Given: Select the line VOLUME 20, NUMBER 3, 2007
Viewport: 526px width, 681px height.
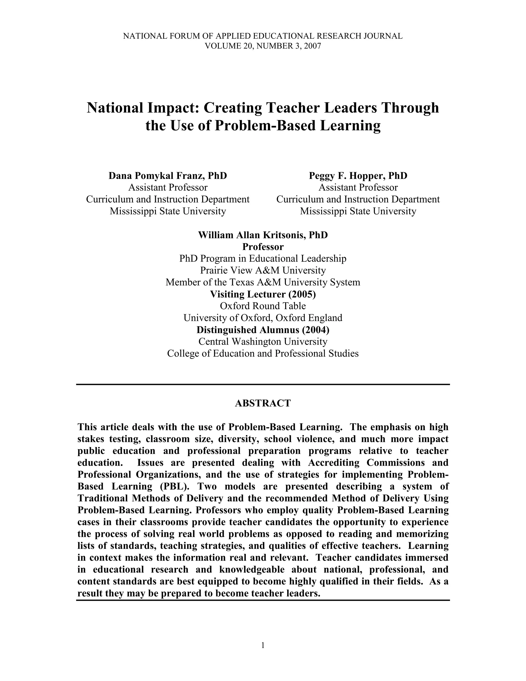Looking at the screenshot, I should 263,46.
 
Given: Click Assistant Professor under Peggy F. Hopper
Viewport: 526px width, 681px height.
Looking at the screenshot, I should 358,188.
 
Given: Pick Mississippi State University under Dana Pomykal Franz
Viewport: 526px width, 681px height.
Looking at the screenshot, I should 168,211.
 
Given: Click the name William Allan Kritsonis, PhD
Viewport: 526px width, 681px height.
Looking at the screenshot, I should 263,235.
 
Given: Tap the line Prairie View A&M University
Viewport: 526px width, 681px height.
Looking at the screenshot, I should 263,270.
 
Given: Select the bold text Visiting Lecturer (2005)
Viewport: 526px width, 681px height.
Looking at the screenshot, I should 263,294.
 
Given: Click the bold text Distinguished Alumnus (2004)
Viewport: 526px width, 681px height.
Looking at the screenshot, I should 263,330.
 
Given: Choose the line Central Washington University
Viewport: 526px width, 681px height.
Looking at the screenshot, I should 263,342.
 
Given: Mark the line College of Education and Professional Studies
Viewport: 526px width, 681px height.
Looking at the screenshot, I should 263,354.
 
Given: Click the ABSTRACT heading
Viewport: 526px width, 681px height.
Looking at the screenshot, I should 263,403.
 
